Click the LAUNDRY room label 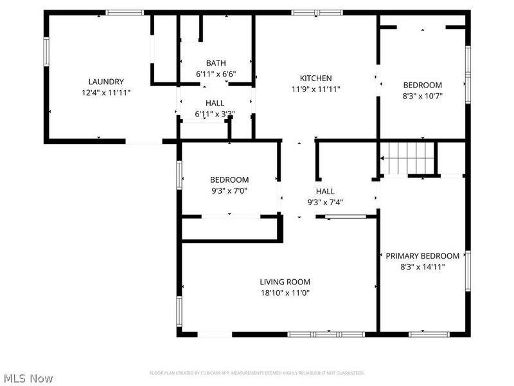[x=106, y=82]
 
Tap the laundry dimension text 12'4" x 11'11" [x=106, y=93]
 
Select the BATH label [x=216, y=63]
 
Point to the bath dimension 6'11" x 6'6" [x=216, y=74]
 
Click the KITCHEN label [x=315, y=78]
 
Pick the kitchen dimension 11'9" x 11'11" [x=315, y=89]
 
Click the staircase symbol [x=409, y=158]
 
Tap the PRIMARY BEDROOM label [x=422, y=255]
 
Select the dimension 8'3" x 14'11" [x=422, y=266]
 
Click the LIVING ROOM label [x=285, y=282]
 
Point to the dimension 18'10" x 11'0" [x=285, y=293]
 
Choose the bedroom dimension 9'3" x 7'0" [x=229, y=190]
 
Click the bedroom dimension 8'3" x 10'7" [x=422, y=96]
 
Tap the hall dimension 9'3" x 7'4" [x=325, y=202]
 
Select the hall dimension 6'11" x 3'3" [x=215, y=115]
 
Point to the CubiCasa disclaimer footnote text [x=257, y=373]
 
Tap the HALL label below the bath [x=215, y=103]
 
